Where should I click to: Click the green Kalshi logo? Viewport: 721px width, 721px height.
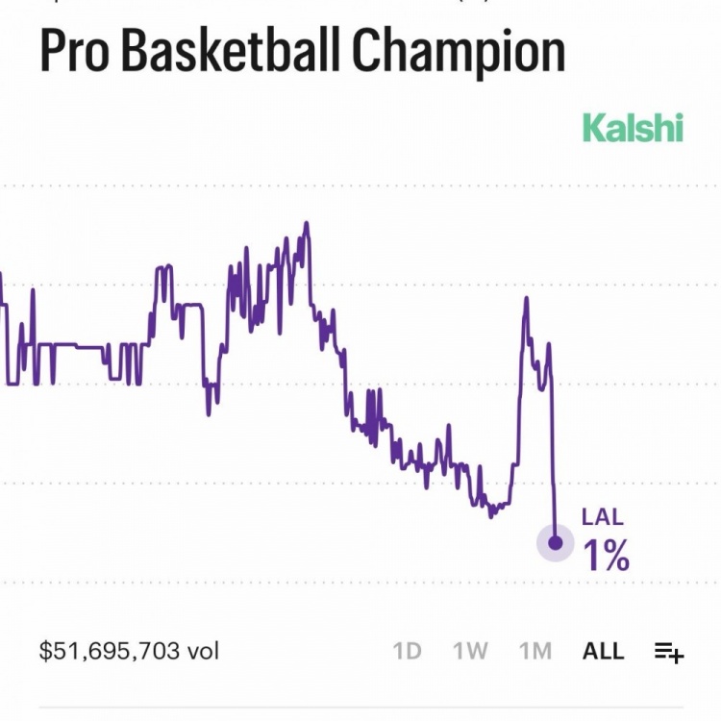click(633, 128)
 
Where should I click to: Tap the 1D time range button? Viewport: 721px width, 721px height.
click(408, 651)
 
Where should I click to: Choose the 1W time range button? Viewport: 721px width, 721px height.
click(470, 651)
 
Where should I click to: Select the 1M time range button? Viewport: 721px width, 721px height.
click(535, 651)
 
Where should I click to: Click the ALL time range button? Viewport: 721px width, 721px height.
click(603, 651)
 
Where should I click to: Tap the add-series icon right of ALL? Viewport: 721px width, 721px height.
click(669, 652)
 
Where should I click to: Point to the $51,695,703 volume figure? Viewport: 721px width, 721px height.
click(110, 651)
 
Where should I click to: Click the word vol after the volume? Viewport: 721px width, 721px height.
click(203, 651)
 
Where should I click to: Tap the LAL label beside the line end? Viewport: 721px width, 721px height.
click(603, 517)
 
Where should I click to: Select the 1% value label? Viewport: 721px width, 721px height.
click(607, 555)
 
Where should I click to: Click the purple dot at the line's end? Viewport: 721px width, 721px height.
click(555, 543)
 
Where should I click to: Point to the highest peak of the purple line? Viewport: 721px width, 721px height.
click(307, 225)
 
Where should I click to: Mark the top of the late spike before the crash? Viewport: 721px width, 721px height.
click(526, 300)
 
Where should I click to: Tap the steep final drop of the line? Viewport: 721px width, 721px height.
click(554, 452)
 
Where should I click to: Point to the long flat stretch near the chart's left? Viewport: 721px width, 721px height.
click(77, 345)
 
